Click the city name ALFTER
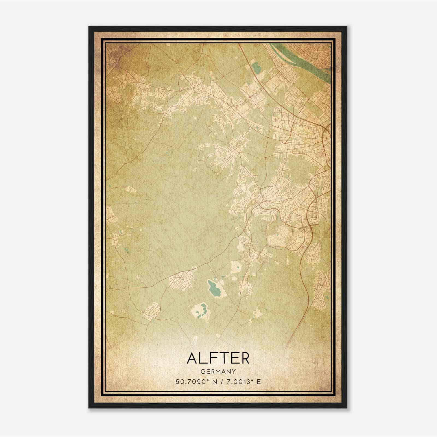point(218,359)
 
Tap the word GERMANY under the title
point(218,372)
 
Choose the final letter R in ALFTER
point(244,359)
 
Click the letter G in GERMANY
point(202,372)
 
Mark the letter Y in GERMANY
point(234,372)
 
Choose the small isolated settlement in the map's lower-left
point(152,310)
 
